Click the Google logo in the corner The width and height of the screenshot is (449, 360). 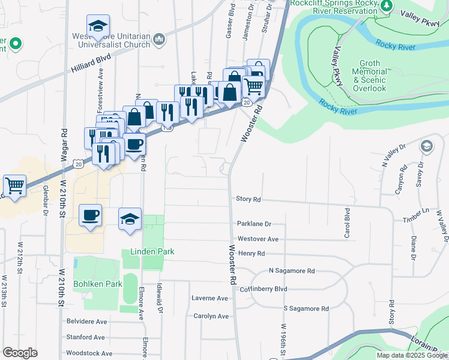coord(20,353)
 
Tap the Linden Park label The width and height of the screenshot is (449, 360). coord(152,251)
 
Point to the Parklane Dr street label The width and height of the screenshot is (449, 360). coord(255,224)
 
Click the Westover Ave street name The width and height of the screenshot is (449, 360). coord(258,239)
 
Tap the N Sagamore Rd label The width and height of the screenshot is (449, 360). coord(292,271)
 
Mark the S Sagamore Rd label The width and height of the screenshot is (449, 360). coord(306,308)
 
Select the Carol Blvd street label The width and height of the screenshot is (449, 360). coord(347,223)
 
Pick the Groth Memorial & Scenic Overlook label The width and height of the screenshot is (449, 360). coord(370,76)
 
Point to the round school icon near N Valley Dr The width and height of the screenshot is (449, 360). coord(427,146)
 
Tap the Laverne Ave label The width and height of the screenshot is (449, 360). coord(210,298)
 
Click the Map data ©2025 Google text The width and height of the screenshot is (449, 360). coord(412,355)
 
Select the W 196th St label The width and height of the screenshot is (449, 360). coord(282,338)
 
